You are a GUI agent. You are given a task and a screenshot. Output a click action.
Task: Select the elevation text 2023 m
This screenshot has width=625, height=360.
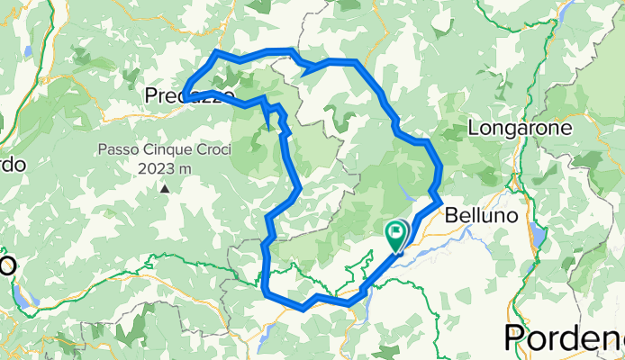166,168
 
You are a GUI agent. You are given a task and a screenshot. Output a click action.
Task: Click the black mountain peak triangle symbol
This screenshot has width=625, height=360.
165,189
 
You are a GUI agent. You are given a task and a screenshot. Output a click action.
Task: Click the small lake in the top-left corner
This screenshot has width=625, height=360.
28,52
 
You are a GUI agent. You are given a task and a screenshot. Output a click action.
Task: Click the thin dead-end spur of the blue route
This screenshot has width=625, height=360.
270,124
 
